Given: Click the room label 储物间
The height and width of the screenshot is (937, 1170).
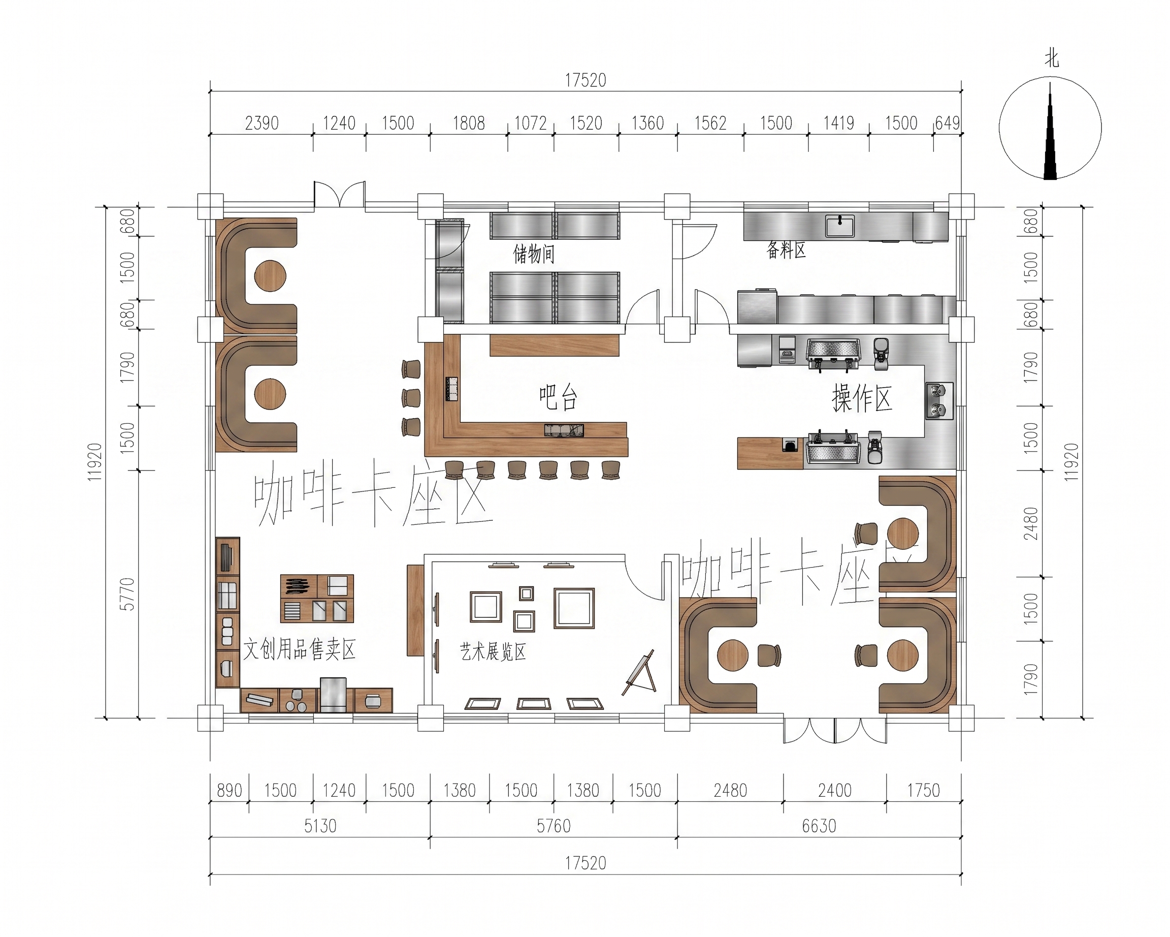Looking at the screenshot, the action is (x=534, y=254).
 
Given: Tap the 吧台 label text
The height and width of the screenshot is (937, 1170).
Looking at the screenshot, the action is (x=558, y=397).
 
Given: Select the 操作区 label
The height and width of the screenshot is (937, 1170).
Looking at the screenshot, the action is (x=862, y=398).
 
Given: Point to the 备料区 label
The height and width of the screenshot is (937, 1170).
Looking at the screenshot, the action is (x=786, y=249).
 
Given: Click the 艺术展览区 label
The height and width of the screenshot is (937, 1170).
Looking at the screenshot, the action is (x=493, y=651).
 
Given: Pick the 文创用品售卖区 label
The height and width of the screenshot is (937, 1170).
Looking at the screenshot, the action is (x=299, y=649).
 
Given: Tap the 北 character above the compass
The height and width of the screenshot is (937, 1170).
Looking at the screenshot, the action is (x=1051, y=58).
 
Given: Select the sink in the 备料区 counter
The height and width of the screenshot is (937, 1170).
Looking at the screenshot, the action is (x=839, y=226).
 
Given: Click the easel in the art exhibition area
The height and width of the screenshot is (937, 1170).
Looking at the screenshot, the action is (x=640, y=673).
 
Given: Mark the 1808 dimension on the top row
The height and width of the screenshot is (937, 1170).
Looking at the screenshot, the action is (x=469, y=123).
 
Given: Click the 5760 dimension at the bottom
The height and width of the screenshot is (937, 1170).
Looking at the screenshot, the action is (x=554, y=826).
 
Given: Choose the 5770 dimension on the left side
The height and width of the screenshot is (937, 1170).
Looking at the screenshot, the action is (x=126, y=594).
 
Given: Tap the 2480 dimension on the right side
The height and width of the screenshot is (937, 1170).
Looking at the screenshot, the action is (x=1030, y=523).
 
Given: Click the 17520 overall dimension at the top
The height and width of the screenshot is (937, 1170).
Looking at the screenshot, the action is (x=586, y=80).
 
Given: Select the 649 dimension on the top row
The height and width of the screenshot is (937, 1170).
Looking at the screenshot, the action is (x=948, y=123).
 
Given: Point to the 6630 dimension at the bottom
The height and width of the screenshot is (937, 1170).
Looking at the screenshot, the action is (x=819, y=826).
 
